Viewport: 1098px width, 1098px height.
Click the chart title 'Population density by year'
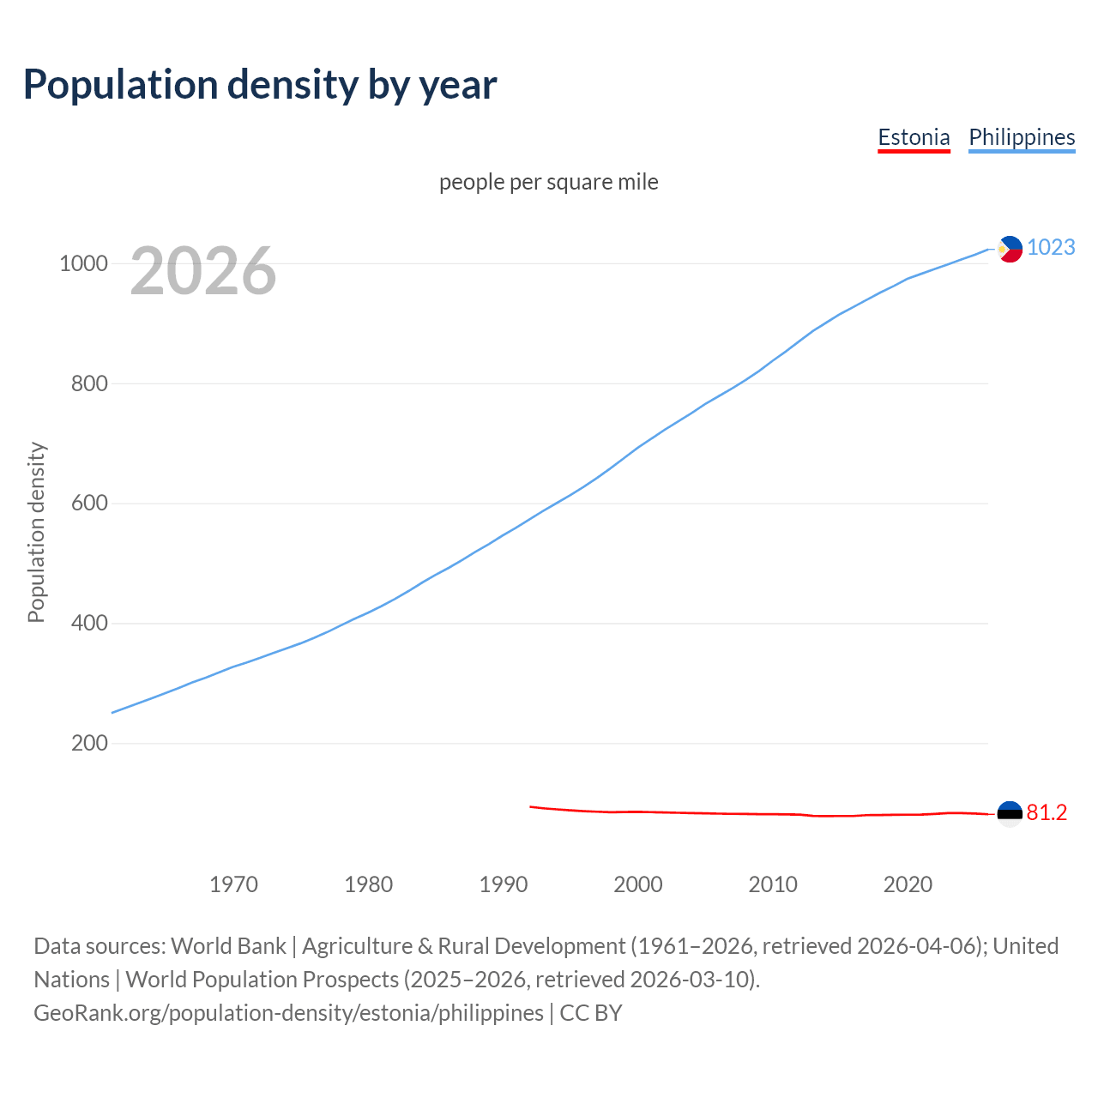click(x=259, y=85)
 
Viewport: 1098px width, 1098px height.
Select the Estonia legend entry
click(x=914, y=137)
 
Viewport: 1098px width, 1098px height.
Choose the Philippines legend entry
click(x=1021, y=137)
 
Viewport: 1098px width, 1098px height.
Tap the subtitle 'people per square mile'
click(x=548, y=182)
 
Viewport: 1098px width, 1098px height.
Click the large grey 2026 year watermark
click(x=203, y=271)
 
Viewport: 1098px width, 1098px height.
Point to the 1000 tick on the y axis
click(x=83, y=263)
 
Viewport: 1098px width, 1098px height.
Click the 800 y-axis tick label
click(x=89, y=383)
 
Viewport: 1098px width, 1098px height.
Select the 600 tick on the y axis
click(x=89, y=504)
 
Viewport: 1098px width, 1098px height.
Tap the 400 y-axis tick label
click(x=89, y=624)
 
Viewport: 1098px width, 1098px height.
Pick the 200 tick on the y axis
click(x=89, y=743)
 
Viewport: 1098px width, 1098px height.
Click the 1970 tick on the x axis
click(x=233, y=884)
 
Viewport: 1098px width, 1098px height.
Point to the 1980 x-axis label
click(x=368, y=884)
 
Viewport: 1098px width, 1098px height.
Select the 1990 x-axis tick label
click(x=504, y=884)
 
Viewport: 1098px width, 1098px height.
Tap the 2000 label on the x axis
click(x=638, y=884)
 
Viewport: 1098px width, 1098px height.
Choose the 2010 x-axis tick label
click(x=773, y=884)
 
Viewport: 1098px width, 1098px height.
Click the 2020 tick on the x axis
click(x=908, y=884)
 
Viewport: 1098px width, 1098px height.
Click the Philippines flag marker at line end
click(x=1010, y=249)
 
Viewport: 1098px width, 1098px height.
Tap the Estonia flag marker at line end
click(x=1010, y=813)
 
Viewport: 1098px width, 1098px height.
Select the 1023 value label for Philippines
click(x=1051, y=248)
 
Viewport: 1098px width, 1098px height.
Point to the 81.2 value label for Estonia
click(x=1047, y=813)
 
